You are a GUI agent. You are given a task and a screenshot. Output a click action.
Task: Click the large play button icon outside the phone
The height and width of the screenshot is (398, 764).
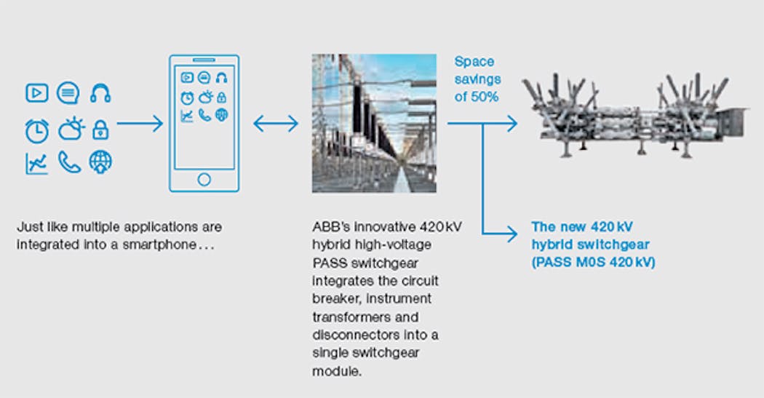[36, 93]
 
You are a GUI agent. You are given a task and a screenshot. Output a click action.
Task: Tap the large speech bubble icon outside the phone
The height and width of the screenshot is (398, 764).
[68, 93]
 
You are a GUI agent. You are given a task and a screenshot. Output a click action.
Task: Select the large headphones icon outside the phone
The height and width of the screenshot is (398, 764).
[100, 93]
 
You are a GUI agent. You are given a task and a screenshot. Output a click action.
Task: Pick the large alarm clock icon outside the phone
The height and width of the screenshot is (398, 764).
[36, 130]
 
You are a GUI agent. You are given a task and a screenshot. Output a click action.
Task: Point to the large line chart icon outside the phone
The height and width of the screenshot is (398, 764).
[36, 163]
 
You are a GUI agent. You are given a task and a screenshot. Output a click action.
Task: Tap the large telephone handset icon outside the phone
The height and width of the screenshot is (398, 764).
[69, 163]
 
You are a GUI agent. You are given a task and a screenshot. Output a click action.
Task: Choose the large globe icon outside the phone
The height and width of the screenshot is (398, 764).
[100, 162]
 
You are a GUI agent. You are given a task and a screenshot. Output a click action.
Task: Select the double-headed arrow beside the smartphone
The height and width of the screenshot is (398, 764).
[276, 124]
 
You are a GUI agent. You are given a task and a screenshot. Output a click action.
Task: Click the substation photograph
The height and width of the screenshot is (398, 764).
[374, 123]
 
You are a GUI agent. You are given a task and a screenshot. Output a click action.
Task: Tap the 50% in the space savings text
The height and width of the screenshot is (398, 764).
[485, 96]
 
